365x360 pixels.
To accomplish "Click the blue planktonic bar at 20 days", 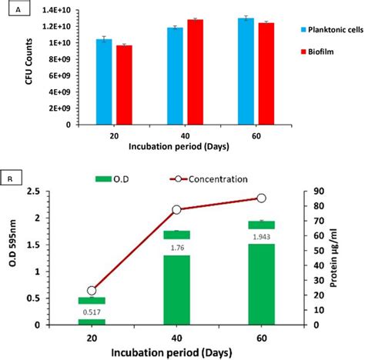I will (104, 82).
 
